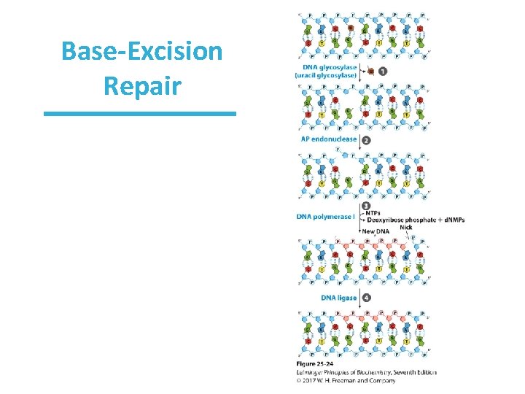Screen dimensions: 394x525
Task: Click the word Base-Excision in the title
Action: [142, 52]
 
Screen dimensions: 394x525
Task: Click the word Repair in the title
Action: [141, 85]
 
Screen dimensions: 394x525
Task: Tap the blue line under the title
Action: [140, 114]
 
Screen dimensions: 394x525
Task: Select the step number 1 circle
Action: [383, 72]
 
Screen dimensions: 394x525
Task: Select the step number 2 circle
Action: [366, 139]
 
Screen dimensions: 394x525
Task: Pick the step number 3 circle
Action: [365, 206]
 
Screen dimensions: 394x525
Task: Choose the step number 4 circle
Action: [366, 298]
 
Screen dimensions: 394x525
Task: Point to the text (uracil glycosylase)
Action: [326, 75]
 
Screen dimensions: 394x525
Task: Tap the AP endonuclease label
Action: [328, 139]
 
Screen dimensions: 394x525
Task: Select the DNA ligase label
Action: [338, 298]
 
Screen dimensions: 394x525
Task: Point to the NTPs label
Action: [374, 213]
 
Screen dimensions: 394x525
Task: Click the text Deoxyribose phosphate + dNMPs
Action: [416, 220]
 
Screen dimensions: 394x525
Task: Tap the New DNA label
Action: [377, 231]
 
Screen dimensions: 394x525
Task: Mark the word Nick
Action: [406, 227]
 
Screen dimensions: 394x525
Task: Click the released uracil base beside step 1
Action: [370, 72]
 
